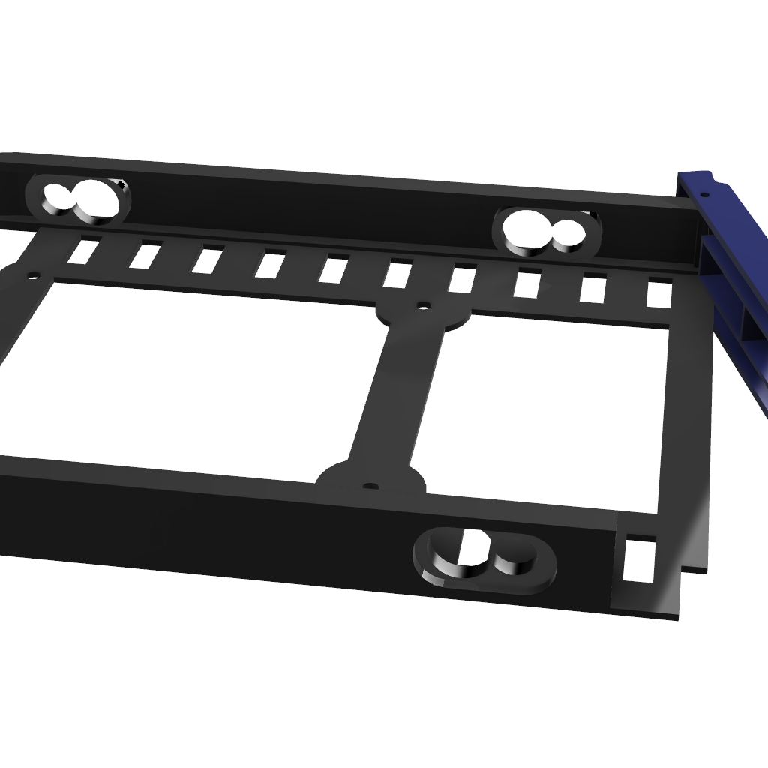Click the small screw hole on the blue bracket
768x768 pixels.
pyautogui.click(x=704, y=195)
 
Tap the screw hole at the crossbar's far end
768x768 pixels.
pyautogui.click(x=423, y=306)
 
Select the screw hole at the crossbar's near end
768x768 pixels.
pyautogui.click(x=370, y=487)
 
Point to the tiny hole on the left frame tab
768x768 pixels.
pyautogui.click(x=33, y=275)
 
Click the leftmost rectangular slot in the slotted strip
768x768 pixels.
pyautogui.click(x=83, y=250)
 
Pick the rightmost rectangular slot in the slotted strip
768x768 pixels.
pyautogui.click(x=658, y=292)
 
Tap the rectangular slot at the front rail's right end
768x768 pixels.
pyautogui.click(x=640, y=559)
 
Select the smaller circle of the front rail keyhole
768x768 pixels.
pyautogui.click(x=514, y=559)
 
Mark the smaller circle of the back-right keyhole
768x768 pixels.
pyautogui.click(x=568, y=234)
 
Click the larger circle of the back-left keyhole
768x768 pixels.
pyautogui.click(x=95, y=199)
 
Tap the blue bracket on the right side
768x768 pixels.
pyautogui.click(x=739, y=285)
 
